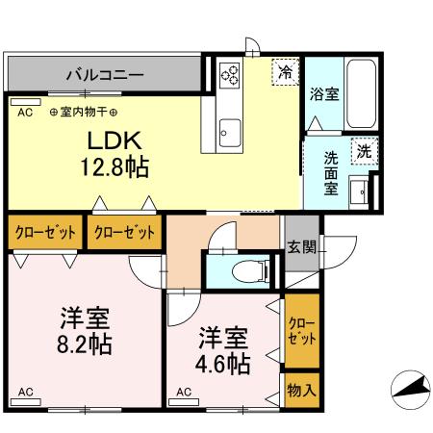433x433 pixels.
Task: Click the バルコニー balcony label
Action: pyautogui.click(x=105, y=75)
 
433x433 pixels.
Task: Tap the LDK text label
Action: pyautogui.click(x=115, y=140)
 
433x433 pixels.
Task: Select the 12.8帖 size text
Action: pyautogui.click(x=115, y=167)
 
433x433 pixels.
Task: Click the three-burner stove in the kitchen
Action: pyautogui.click(x=230, y=76)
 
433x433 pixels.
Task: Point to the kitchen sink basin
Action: pyautogui.click(x=230, y=133)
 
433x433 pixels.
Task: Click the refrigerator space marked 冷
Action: pyautogui.click(x=285, y=72)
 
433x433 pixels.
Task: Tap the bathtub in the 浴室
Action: pyautogui.click(x=362, y=94)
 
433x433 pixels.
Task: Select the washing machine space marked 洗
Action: pyautogui.click(x=365, y=151)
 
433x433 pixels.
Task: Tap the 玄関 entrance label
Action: pyautogui.click(x=301, y=247)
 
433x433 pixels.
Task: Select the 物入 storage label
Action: pyautogui.click(x=301, y=390)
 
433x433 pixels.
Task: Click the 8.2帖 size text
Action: pyautogui.click(x=85, y=344)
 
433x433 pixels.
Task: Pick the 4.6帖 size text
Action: pyautogui.click(x=222, y=364)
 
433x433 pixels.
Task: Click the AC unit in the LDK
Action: pyautogui.click(x=26, y=102)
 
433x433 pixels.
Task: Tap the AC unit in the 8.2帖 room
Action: pyautogui.click(x=26, y=401)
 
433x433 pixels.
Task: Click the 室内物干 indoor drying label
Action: pyautogui.click(x=84, y=113)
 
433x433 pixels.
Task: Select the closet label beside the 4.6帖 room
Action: pyautogui.click(x=301, y=331)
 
